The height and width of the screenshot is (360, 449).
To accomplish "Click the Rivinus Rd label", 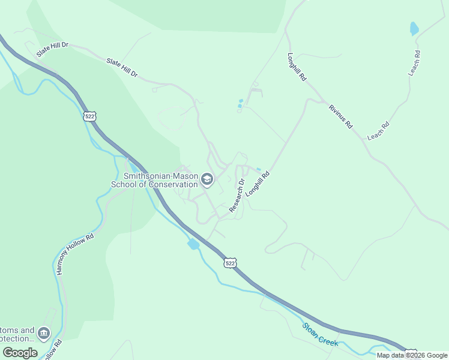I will pos(340,116).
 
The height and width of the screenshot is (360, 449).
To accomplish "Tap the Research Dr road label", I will pos(237,194).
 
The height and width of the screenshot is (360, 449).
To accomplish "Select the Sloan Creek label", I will pos(321,334).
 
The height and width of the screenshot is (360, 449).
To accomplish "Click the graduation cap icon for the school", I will pos(207,179).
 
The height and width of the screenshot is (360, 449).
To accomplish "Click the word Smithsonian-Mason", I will pos(160,176).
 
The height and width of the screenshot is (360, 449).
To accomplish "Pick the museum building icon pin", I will pos(43,332).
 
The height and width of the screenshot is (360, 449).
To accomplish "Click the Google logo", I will pos(20,352).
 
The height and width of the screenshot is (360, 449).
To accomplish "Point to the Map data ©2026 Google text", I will pos(412,355).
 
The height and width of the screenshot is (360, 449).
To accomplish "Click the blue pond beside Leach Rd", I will pos(414,28).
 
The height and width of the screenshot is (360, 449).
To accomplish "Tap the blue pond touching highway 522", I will pos(193,244).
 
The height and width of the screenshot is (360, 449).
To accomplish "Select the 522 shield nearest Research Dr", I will pos(231,263).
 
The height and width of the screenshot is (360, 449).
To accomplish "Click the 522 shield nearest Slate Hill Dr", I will pos(89,116).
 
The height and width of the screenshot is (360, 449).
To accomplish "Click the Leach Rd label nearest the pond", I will pos(414,62).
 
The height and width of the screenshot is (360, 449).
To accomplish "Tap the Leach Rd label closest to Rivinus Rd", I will pos(378,131).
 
